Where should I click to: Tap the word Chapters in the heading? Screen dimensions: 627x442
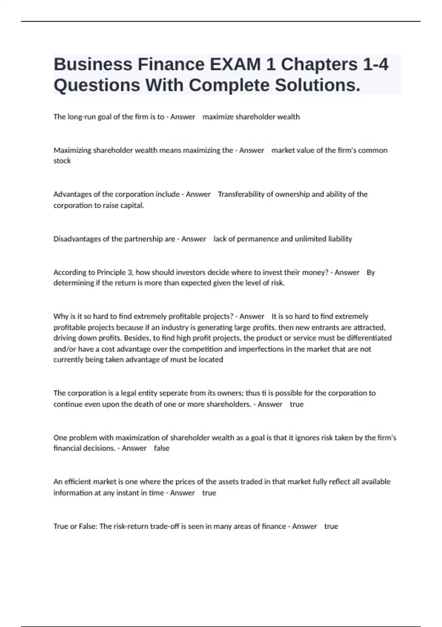point(319,65)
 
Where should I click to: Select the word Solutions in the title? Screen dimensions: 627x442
point(318,86)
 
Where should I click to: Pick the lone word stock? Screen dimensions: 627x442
point(62,161)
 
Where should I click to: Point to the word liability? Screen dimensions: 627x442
point(340,239)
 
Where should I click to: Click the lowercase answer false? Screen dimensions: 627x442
point(162,448)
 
